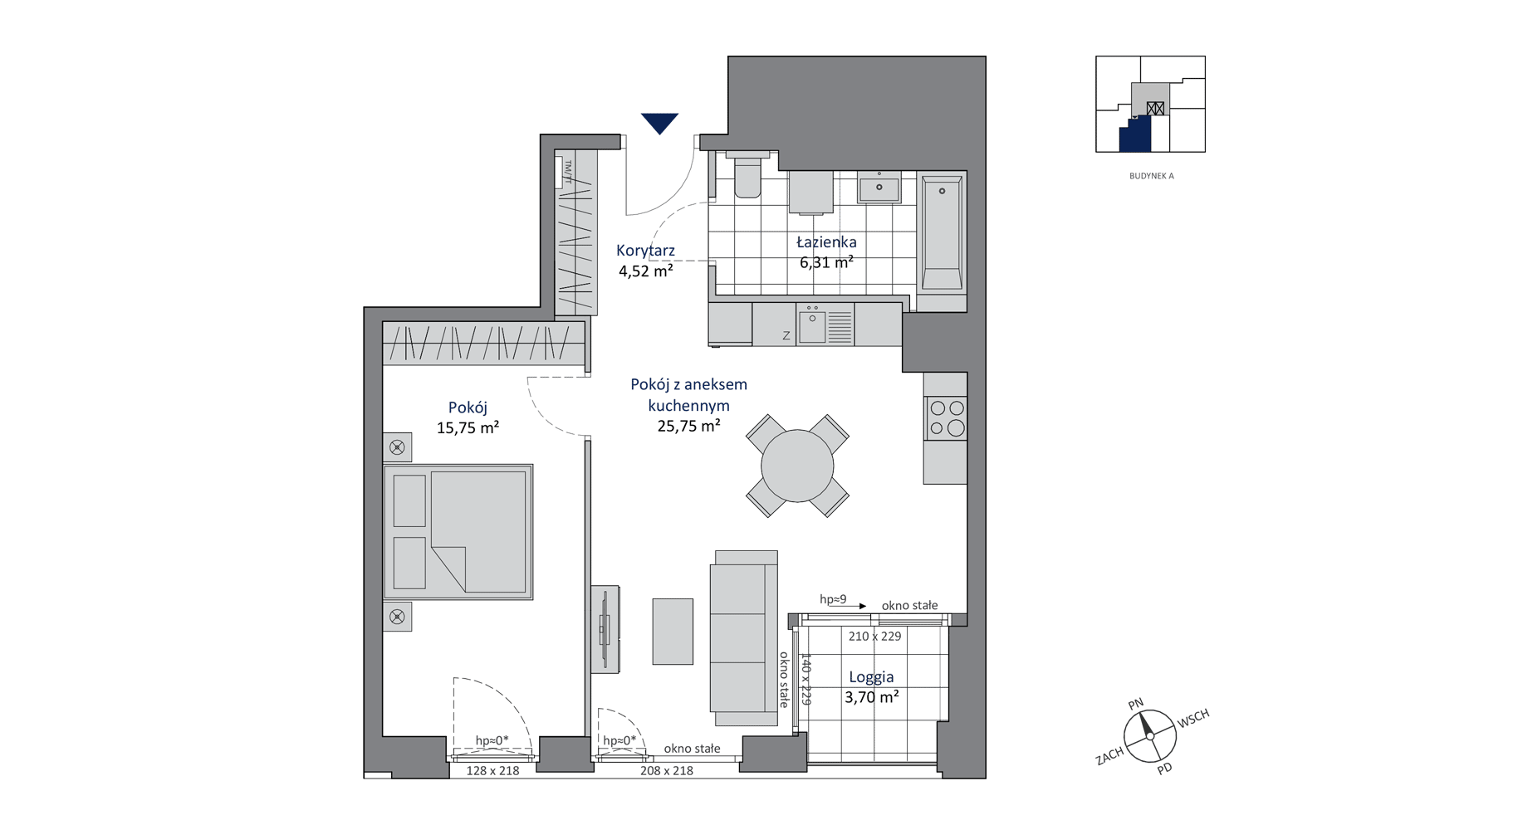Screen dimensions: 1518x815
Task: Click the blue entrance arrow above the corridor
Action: click(x=659, y=123)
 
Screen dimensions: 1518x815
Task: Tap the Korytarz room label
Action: click(x=645, y=250)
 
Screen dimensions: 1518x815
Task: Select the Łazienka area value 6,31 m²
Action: click(x=826, y=262)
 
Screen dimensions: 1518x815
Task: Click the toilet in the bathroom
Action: click(x=747, y=174)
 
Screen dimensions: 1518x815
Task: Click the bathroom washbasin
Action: click(x=879, y=188)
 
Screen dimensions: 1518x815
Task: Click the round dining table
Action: click(x=797, y=466)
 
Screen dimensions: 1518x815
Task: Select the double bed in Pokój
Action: click(x=458, y=532)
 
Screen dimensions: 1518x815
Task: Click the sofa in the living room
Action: click(x=744, y=638)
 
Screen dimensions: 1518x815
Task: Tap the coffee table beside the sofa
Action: click(x=673, y=631)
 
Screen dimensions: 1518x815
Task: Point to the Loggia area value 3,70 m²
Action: click(x=871, y=697)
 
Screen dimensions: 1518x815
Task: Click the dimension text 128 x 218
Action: click(x=492, y=771)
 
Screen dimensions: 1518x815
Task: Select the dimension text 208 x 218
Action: click(x=666, y=771)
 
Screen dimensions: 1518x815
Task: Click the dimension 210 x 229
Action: click(x=874, y=637)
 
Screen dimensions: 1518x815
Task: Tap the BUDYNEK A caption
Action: click(x=1151, y=176)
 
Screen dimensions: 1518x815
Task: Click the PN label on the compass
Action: click(x=1136, y=704)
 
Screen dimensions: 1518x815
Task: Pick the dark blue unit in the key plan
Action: click(x=1136, y=134)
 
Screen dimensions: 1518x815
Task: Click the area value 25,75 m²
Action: click(x=688, y=427)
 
